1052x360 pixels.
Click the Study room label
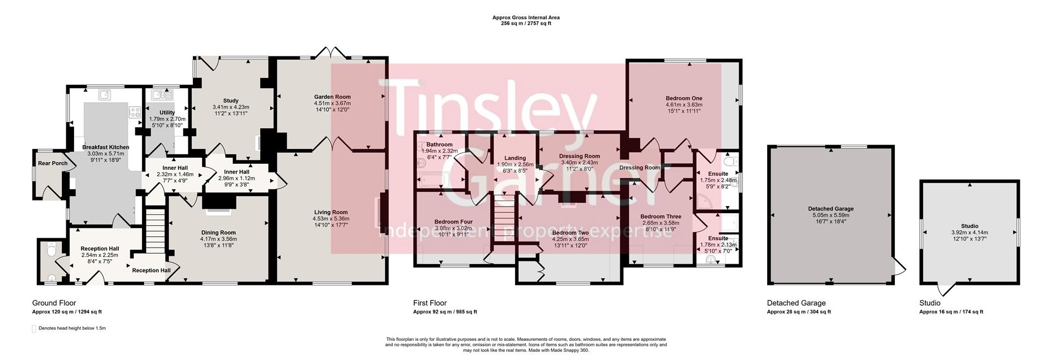[231, 101]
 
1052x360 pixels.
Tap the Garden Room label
[332, 97]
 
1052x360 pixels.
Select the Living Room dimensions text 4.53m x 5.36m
[331, 219]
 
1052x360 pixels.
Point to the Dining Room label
[219, 233]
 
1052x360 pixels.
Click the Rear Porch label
[53, 163]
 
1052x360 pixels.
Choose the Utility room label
[167, 113]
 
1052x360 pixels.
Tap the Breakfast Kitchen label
[106, 147]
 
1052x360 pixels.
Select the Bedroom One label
[684, 98]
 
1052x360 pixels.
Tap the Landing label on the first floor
[514, 158]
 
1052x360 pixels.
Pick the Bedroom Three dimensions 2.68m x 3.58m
[660, 223]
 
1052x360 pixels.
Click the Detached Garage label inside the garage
[831, 209]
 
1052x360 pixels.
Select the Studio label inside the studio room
[969, 226]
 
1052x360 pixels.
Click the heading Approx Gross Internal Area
[525, 18]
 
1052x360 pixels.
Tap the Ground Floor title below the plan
[54, 303]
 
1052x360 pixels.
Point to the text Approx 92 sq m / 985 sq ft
[445, 312]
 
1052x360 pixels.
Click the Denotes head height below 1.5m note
[72, 329]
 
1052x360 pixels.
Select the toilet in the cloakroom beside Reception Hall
[52, 250]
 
